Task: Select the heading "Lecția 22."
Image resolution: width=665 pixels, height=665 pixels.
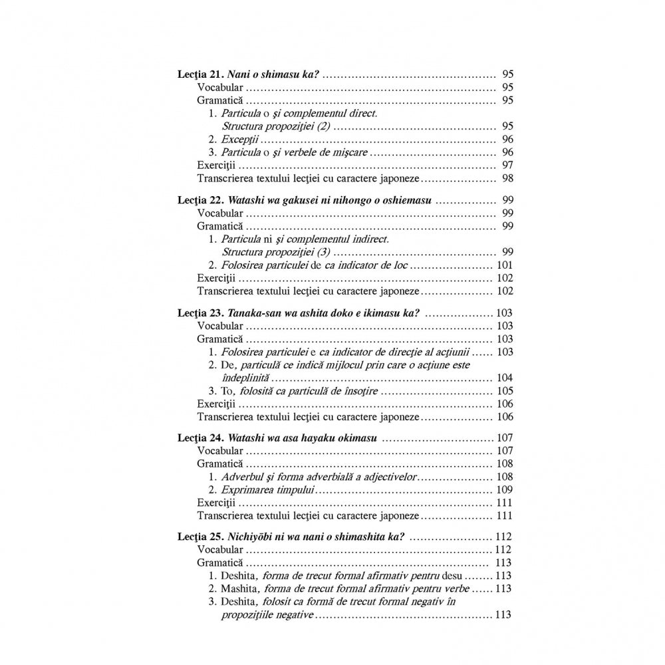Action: pyautogui.click(x=200, y=201)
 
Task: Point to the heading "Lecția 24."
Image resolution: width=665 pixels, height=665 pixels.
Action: pyautogui.click(x=200, y=438)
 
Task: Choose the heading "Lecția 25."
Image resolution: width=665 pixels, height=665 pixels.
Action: pyautogui.click(x=200, y=537)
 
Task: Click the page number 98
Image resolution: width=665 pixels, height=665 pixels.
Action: pyautogui.click(x=507, y=178)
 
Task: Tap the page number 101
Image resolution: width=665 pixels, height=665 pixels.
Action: pyautogui.click(x=503, y=265)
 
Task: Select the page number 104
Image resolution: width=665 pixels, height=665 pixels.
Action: pyautogui.click(x=503, y=378)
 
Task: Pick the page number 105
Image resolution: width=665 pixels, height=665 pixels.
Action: pyautogui.click(x=503, y=391)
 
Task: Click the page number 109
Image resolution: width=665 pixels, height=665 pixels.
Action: pyautogui.click(x=503, y=489)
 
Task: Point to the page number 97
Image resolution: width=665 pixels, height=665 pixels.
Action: pyautogui.click(x=507, y=165)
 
